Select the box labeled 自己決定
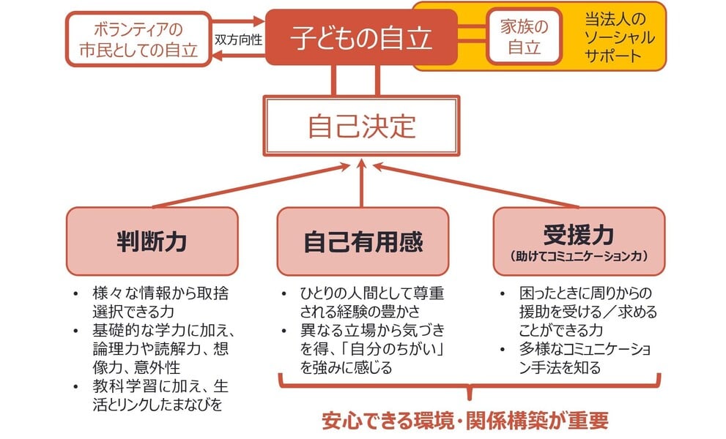361,126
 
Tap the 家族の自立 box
524,36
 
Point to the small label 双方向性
238,40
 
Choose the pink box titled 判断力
152,241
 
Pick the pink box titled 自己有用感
362,241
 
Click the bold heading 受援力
578,233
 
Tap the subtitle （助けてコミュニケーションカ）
579,257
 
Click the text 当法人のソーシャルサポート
620,36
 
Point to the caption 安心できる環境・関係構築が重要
465,421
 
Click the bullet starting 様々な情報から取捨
158,302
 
